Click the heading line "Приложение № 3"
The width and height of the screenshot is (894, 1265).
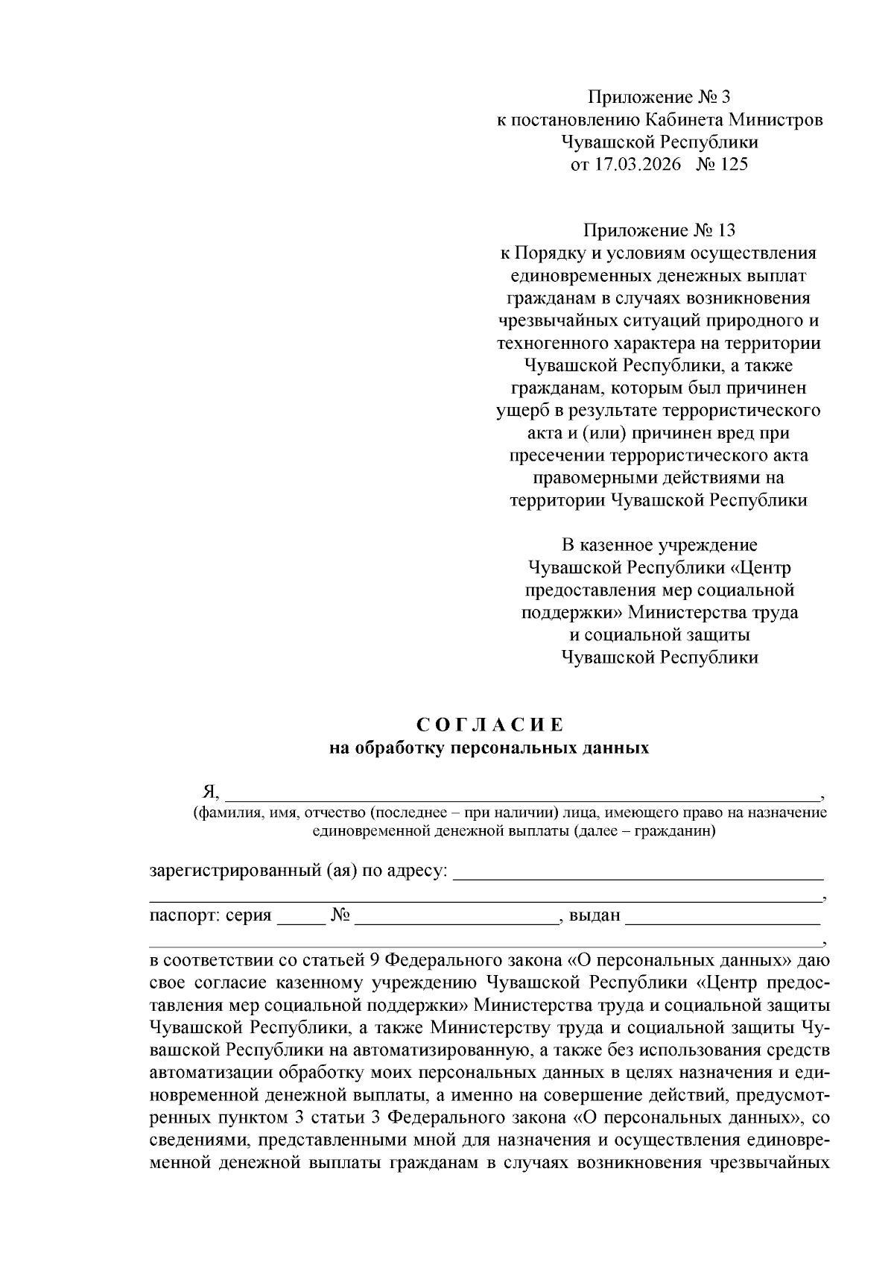[x=660, y=97]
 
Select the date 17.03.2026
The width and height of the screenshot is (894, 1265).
[x=638, y=165]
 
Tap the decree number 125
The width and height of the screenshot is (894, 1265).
[x=733, y=165]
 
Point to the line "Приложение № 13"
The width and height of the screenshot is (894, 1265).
[x=660, y=231]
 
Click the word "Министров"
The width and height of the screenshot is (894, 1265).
[x=776, y=120]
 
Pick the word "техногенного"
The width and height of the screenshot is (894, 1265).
[x=558, y=344]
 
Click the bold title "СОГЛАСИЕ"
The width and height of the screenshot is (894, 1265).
[x=489, y=725]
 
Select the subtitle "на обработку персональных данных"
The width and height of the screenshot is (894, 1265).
[x=489, y=748]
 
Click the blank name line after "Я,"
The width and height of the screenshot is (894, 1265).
[x=521, y=793]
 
